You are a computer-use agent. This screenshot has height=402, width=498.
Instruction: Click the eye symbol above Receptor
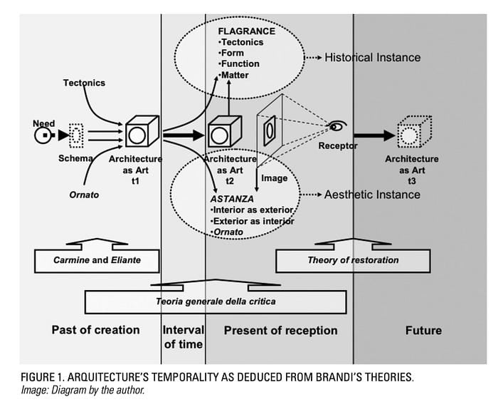click(x=339, y=127)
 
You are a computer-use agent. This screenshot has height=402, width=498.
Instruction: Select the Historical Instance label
click(x=372, y=57)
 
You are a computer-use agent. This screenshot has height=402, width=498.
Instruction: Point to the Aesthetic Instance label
click(x=372, y=194)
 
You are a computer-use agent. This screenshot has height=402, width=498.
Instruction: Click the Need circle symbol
click(x=44, y=134)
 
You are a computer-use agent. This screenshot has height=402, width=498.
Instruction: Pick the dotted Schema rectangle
click(x=76, y=134)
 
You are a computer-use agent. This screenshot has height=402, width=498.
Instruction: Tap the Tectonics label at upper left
click(x=84, y=83)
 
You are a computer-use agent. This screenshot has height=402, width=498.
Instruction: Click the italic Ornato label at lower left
click(x=83, y=195)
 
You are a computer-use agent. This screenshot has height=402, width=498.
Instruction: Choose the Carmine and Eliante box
click(x=97, y=260)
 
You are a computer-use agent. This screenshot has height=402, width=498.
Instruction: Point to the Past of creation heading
click(x=95, y=330)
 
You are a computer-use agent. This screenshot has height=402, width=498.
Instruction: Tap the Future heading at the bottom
click(x=423, y=330)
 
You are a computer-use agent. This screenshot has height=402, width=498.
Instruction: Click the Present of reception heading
click(x=280, y=330)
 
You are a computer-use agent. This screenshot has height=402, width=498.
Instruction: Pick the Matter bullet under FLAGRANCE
click(x=235, y=75)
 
